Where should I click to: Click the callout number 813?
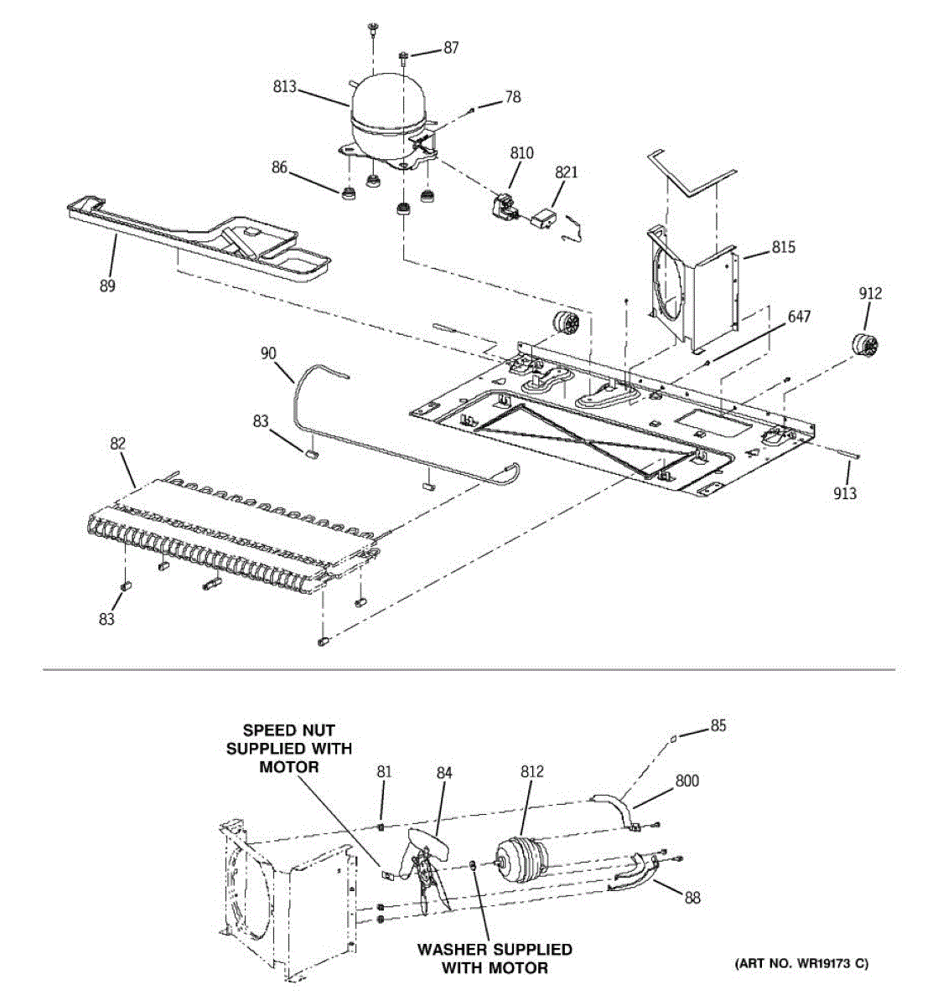(x=284, y=86)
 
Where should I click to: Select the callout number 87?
(x=451, y=49)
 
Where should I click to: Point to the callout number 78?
(x=512, y=97)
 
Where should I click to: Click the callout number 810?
(x=521, y=153)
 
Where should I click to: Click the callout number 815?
(x=784, y=248)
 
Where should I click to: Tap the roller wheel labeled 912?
(x=863, y=344)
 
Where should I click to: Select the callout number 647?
(x=799, y=317)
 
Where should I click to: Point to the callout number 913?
(x=845, y=493)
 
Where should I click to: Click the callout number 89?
(x=107, y=286)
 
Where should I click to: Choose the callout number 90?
(x=268, y=354)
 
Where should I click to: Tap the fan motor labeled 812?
(x=521, y=863)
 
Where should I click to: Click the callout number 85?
(x=718, y=726)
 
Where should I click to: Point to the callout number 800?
(x=687, y=781)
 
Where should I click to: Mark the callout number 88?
(x=692, y=898)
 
